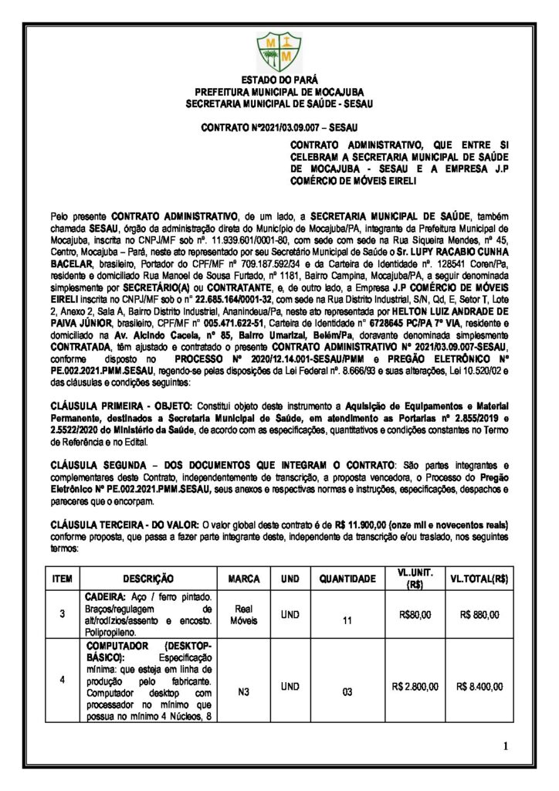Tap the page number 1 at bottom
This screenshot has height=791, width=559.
(x=505, y=745)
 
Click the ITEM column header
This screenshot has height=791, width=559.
(x=62, y=579)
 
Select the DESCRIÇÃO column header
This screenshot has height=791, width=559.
(x=147, y=579)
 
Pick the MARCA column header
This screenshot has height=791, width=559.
(x=244, y=579)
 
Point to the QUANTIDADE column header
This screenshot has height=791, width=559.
(x=347, y=579)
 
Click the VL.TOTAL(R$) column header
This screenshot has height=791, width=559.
(x=479, y=579)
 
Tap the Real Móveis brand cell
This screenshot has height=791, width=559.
(x=244, y=615)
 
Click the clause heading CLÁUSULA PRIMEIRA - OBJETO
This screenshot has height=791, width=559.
(x=111, y=405)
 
